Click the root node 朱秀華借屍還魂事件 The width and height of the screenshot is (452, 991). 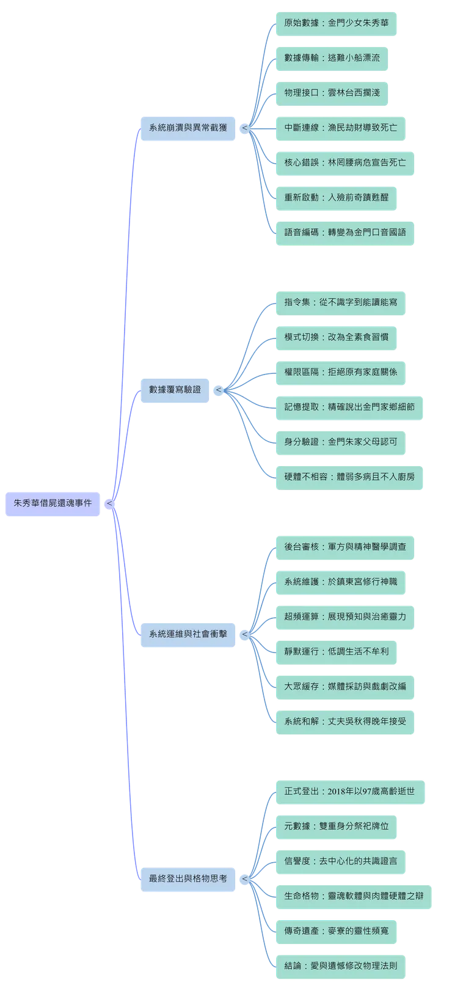pos(53,503)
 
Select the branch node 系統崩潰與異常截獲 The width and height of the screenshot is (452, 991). pos(188,128)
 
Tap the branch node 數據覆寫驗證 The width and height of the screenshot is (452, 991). pos(175,389)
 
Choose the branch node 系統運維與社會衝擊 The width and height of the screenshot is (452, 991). pos(188,634)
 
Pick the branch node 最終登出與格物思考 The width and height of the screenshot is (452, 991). pos(188,878)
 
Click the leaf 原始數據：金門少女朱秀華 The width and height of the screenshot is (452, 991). pos(336,23)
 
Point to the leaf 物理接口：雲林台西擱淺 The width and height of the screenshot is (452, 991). pos(332,93)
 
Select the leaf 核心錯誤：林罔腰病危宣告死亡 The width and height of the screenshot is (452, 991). pos(344,163)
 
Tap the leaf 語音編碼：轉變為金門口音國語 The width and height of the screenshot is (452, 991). pos(344,232)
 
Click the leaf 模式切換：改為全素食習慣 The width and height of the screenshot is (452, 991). pos(336,337)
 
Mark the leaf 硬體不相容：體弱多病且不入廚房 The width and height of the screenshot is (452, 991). pos(349,476)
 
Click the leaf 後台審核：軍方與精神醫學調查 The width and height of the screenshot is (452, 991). pos(344,546)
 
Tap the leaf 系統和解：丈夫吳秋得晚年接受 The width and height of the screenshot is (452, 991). pos(344,721)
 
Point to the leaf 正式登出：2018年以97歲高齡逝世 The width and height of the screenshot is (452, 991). pos(349,791)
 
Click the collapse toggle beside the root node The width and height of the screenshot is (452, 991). pos(109,503)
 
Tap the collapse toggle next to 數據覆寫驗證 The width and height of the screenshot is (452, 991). pos(218,390)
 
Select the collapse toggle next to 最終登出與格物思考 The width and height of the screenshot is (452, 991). pos(244,879)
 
